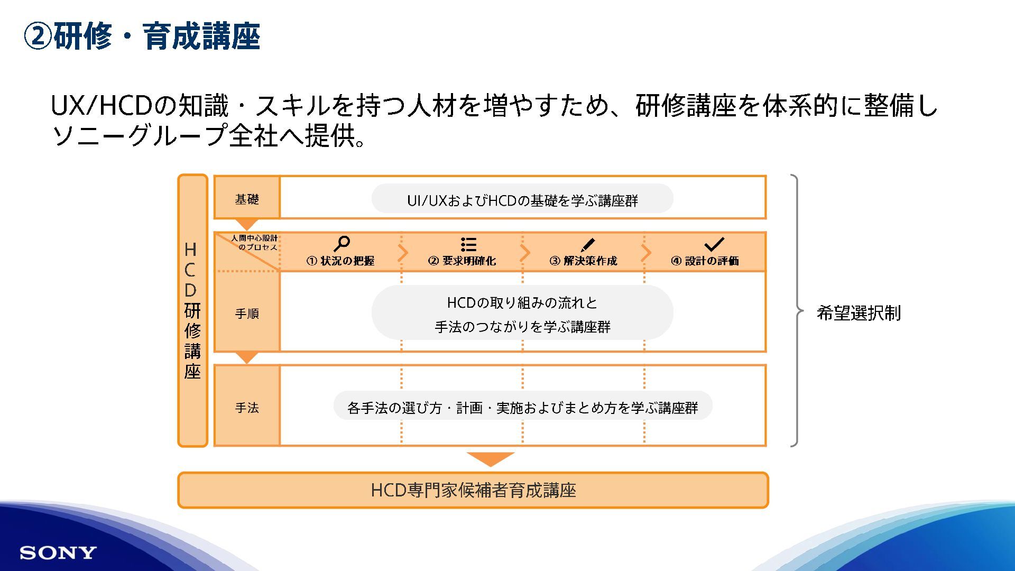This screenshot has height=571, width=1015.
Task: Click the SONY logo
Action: click(x=58, y=553)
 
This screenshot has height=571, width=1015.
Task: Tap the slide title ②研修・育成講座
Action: click(x=142, y=36)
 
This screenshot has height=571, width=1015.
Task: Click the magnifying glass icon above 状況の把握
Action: click(x=342, y=244)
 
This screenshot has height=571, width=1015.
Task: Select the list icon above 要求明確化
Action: click(x=468, y=244)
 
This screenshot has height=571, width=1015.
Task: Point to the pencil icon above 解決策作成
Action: click(x=587, y=244)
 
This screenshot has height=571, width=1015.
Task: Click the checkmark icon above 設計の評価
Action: click(x=714, y=244)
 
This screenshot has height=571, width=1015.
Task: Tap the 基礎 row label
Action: click(x=247, y=199)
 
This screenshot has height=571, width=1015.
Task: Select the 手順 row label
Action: click(x=247, y=314)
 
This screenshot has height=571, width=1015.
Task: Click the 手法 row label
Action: click(x=247, y=408)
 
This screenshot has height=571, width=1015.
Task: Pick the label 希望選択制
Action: click(x=859, y=313)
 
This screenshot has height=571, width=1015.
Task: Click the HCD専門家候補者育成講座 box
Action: click(x=473, y=490)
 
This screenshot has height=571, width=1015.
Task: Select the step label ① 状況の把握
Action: click(x=340, y=261)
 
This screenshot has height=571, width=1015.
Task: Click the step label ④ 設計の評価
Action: click(x=705, y=261)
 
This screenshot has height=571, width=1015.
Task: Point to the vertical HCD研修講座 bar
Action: click(x=192, y=311)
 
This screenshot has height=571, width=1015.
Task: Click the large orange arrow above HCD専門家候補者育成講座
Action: click(x=491, y=458)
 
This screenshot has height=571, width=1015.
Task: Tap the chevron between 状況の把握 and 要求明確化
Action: click(x=403, y=253)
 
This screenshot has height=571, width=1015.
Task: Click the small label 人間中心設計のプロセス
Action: click(x=255, y=243)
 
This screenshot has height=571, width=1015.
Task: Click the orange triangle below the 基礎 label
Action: click(x=246, y=224)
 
